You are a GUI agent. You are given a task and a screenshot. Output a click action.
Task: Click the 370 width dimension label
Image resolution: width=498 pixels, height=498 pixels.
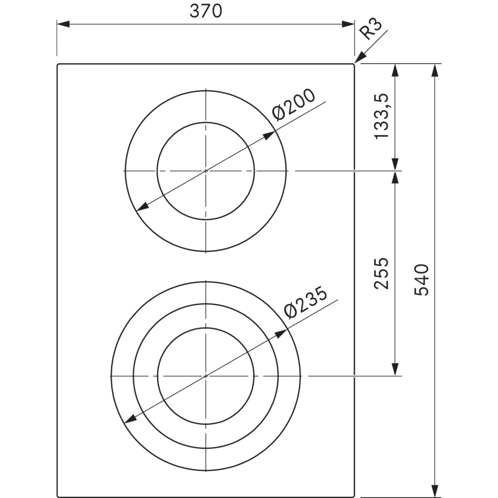pyautogui.click(x=206, y=11)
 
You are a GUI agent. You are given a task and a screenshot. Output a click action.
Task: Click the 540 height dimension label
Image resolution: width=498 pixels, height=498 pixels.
pyautogui.click(x=422, y=280)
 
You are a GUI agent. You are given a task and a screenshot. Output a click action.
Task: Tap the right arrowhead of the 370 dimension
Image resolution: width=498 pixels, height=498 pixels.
pyautogui.click(x=348, y=24)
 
